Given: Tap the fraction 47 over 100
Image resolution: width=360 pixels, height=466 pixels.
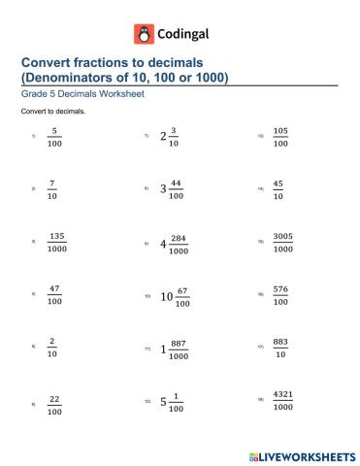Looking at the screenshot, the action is [x=55, y=294].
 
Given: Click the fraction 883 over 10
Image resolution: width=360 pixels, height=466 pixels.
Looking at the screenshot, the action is [x=280, y=347].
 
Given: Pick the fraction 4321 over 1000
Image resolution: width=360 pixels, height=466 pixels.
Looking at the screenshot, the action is [x=281, y=400].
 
